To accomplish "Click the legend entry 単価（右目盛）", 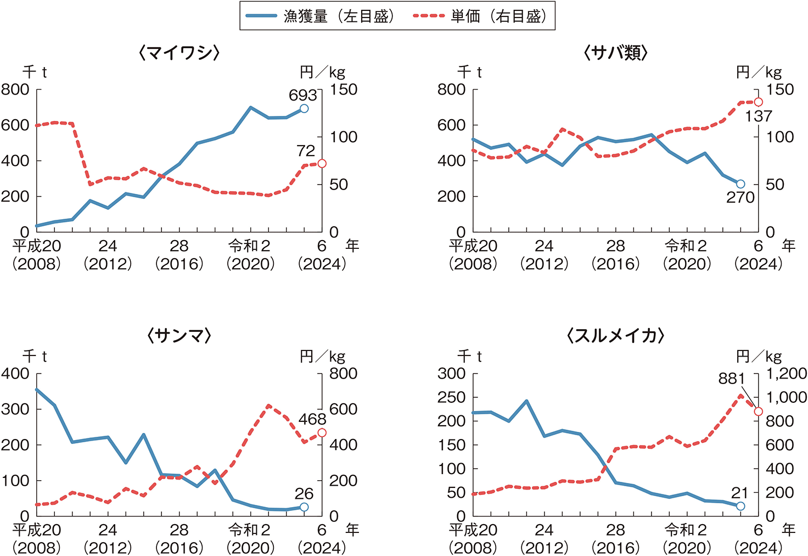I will (481, 16).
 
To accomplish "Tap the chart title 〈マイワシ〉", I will (179, 53).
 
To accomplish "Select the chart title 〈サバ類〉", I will (616, 53).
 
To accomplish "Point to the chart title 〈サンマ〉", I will (179, 336).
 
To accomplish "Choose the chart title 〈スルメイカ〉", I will (616, 336).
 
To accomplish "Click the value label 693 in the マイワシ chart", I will (302, 95).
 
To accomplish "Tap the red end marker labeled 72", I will (322, 164).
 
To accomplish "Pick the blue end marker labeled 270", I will (740, 184).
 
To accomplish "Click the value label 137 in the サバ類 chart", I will (759, 116).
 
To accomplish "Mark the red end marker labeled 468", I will (322, 433).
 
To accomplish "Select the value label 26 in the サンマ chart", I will (304, 493).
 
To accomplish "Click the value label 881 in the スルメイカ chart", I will (732, 379).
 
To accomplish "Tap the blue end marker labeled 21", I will (740, 506).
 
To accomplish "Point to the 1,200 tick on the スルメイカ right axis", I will (786, 374).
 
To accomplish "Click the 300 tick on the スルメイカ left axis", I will (451, 374).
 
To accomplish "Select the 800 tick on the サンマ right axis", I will (344, 374).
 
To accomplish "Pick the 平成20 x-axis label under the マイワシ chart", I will (36, 246).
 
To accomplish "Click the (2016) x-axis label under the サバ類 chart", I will (615, 264).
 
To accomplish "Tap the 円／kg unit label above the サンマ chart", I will (323, 357).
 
